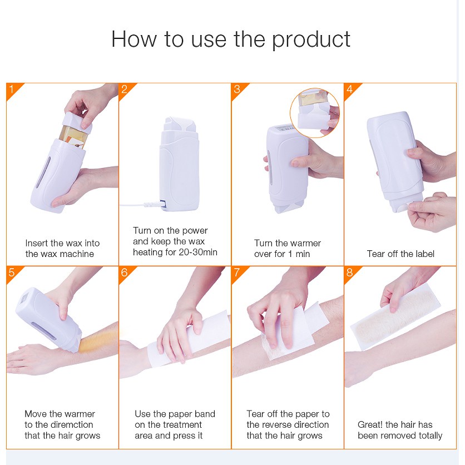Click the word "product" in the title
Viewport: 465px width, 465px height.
click(311, 39)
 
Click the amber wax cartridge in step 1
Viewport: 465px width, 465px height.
click(72, 136)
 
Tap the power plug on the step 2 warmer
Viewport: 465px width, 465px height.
click(154, 204)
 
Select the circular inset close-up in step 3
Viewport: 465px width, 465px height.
click(315, 113)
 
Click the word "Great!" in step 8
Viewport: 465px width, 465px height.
click(370, 424)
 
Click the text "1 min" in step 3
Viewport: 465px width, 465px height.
click(299, 254)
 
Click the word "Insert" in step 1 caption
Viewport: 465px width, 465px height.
click(37, 243)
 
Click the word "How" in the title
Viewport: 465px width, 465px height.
click(133, 39)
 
